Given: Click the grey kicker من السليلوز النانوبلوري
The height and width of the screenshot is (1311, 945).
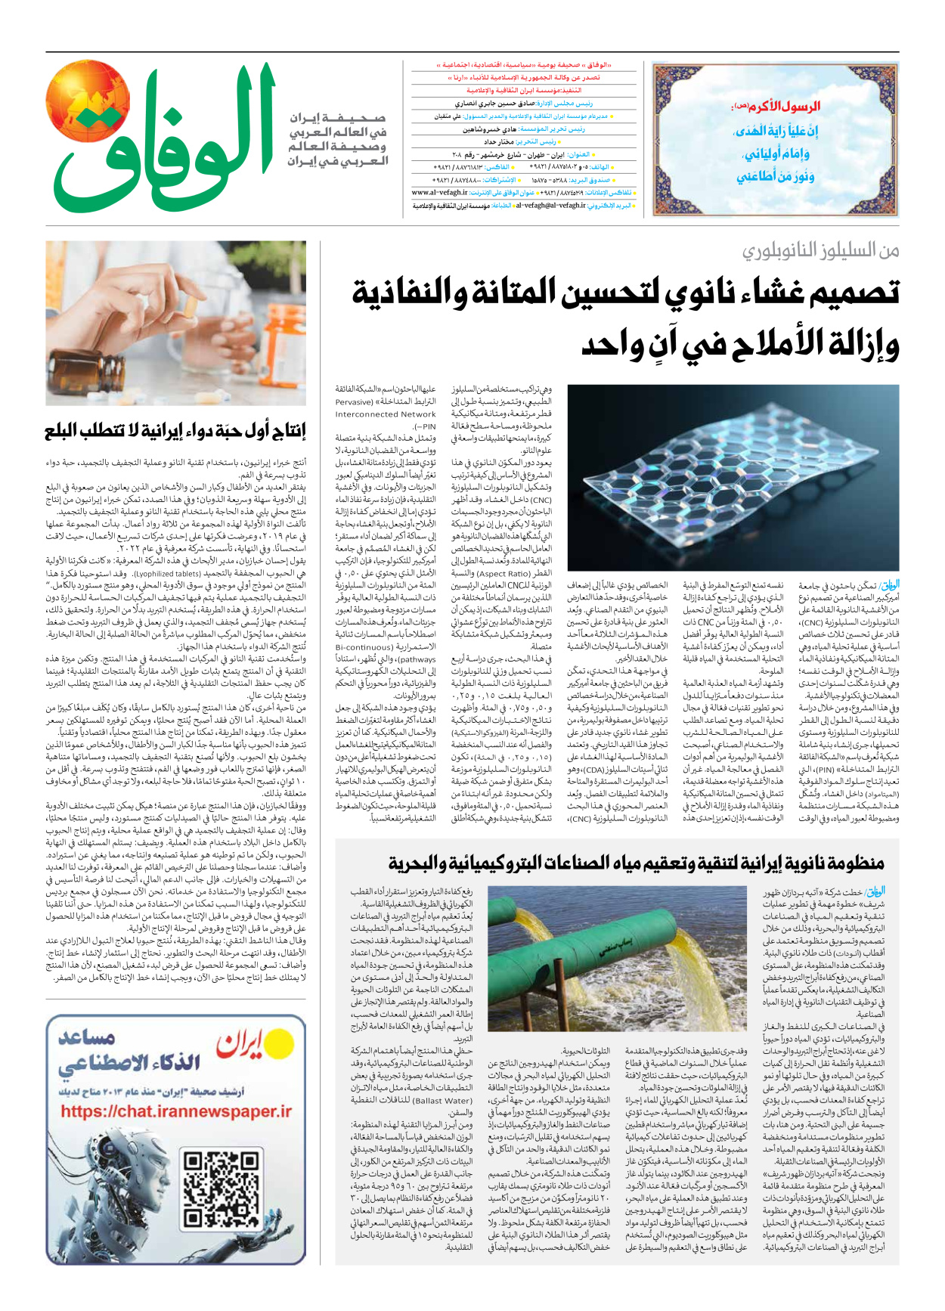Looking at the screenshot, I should (820, 250).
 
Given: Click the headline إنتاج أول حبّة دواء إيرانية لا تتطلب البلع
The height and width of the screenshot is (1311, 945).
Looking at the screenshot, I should (175, 432).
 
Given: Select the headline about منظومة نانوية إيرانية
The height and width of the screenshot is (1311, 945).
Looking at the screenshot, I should (636, 863).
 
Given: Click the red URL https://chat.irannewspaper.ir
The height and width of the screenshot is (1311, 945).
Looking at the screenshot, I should (175, 1111).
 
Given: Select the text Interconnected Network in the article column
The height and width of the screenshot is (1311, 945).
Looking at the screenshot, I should (386, 414).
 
